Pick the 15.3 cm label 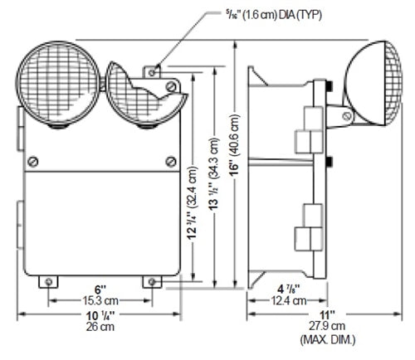point(100,300)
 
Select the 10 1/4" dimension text point(100,317)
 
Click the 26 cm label point(100,328)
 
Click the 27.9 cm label point(327,327)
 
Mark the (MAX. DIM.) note point(327,338)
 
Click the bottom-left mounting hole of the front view point(50,282)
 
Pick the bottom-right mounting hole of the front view point(153,282)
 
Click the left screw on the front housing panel point(33,160)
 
